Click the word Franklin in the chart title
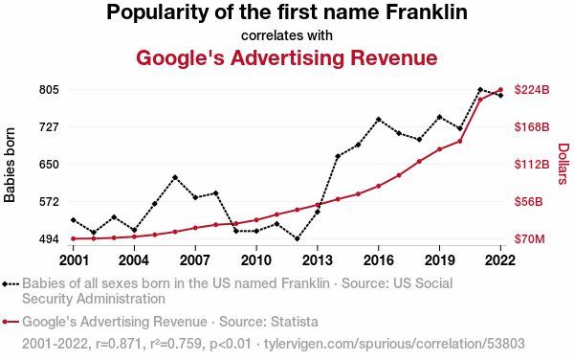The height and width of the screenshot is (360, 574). pyautogui.click(x=427, y=12)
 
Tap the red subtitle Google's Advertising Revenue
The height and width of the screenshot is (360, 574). pyautogui.click(x=287, y=57)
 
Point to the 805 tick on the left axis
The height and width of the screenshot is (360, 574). pyautogui.click(x=49, y=90)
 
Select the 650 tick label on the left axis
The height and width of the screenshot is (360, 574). pyautogui.click(x=49, y=165)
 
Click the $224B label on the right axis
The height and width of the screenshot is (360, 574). pyautogui.click(x=532, y=90)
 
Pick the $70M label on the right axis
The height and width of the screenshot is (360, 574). pyautogui.click(x=529, y=239)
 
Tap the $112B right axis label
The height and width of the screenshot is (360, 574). pyautogui.click(x=532, y=165)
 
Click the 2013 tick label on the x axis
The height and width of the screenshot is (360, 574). pyautogui.click(x=318, y=260)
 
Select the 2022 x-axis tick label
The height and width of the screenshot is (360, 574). pyautogui.click(x=500, y=260)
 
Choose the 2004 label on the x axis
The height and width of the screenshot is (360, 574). pyautogui.click(x=134, y=260)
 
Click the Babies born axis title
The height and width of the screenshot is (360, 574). pyautogui.click(x=10, y=165)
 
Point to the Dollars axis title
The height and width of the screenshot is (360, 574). pyautogui.click(x=563, y=164)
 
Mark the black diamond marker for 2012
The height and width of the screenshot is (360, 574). pyautogui.click(x=297, y=238)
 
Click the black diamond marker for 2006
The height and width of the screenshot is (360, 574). pyautogui.click(x=175, y=177)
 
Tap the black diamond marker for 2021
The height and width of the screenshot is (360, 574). pyautogui.click(x=480, y=90)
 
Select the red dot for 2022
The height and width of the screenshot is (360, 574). pyautogui.click(x=500, y=90)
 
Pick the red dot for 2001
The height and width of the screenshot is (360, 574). pyautogui.click(x=74, y=238)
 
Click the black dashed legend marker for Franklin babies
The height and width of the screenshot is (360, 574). pyautogui.click(x=11, y=283)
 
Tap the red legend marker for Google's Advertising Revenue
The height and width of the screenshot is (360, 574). pyautogui.click(x=11, y=322)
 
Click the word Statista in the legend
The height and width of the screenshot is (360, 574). pyautogui.click(x=295, y=322)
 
